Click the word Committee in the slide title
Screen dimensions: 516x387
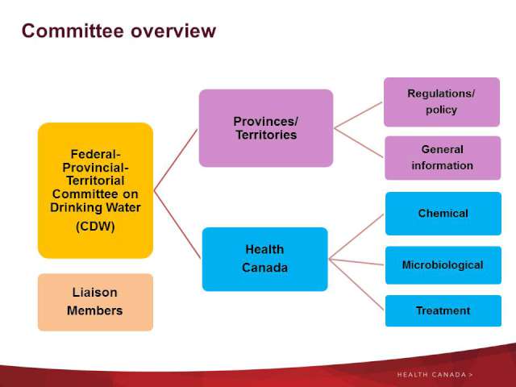(73, 31)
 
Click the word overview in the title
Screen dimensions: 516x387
(173, 31)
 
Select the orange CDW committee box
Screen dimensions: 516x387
(95, 190)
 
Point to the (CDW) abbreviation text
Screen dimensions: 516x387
(95, 227)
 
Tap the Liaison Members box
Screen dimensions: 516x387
(95, 302)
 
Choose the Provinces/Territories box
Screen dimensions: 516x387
(266, 128)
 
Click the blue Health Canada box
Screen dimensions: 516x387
(265, 260)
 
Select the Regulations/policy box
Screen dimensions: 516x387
(442, 102)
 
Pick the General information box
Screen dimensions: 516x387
(443, 158)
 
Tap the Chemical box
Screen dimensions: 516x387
(443, 214)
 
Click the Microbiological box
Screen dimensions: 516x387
(443, 265)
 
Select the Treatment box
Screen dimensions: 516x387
(443, 310)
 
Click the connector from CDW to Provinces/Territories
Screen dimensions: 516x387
(176, 160)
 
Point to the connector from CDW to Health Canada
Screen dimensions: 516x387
(177, 225)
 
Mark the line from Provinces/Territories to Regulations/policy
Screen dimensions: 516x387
(358, 115)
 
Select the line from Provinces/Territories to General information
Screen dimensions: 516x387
(359, 143)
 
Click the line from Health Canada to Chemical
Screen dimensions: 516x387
(356, 237)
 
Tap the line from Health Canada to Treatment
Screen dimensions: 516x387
(356, 285)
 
